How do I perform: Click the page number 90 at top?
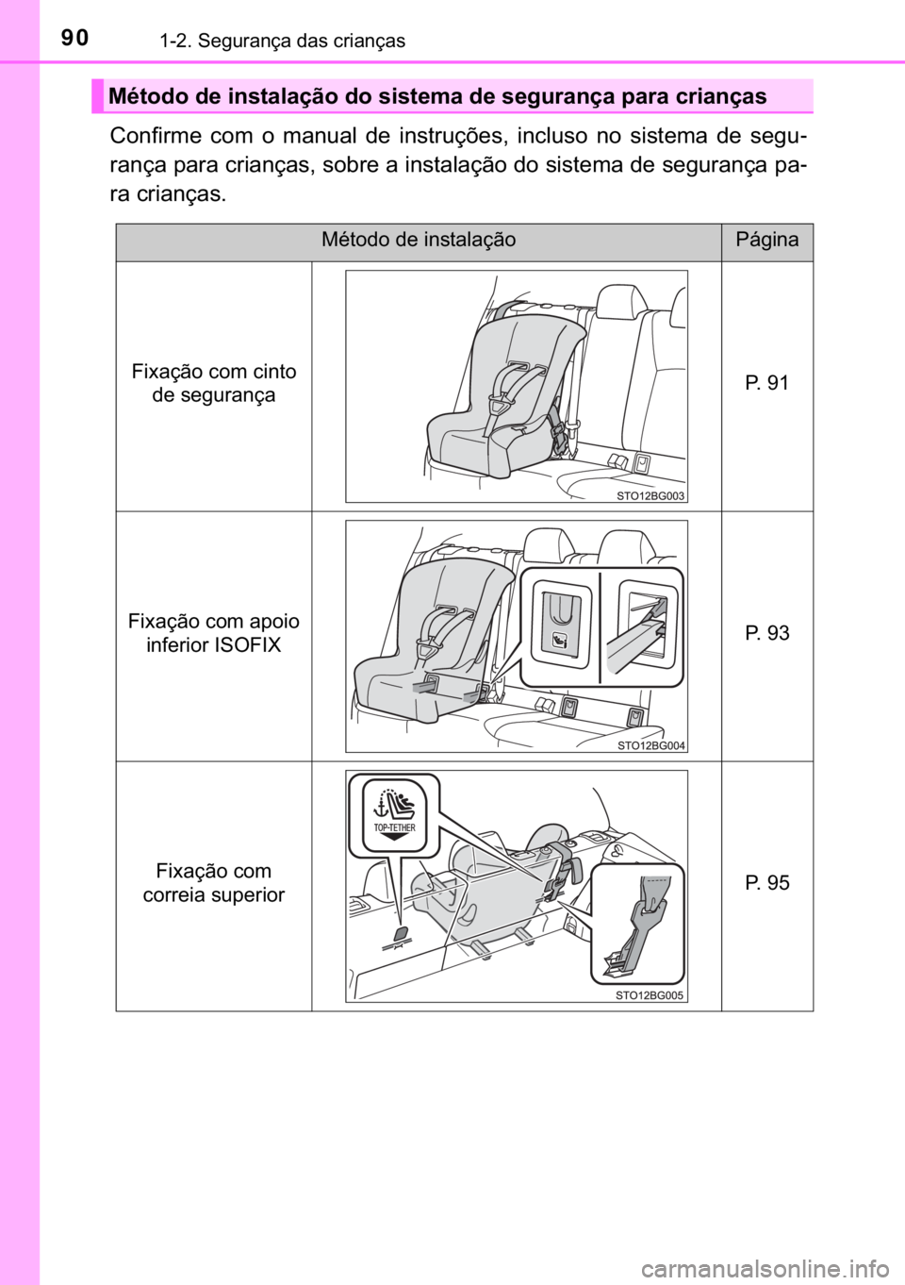point(75,38)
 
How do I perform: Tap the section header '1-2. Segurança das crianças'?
point(283,41)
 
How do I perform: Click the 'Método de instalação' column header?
point(419,240)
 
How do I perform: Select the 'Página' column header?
point(766,240)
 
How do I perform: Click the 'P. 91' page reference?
point(766,383)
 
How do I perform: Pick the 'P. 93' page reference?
point(766,633)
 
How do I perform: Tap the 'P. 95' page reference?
point(766,882)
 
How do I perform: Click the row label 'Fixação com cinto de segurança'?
point(214,383)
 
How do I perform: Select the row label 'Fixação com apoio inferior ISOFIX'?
point(214,633)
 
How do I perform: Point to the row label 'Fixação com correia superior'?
point(214,883)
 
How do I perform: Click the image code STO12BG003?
point(650,496)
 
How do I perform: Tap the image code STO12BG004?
point(650,745)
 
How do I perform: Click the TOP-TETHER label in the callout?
point(394,827)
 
